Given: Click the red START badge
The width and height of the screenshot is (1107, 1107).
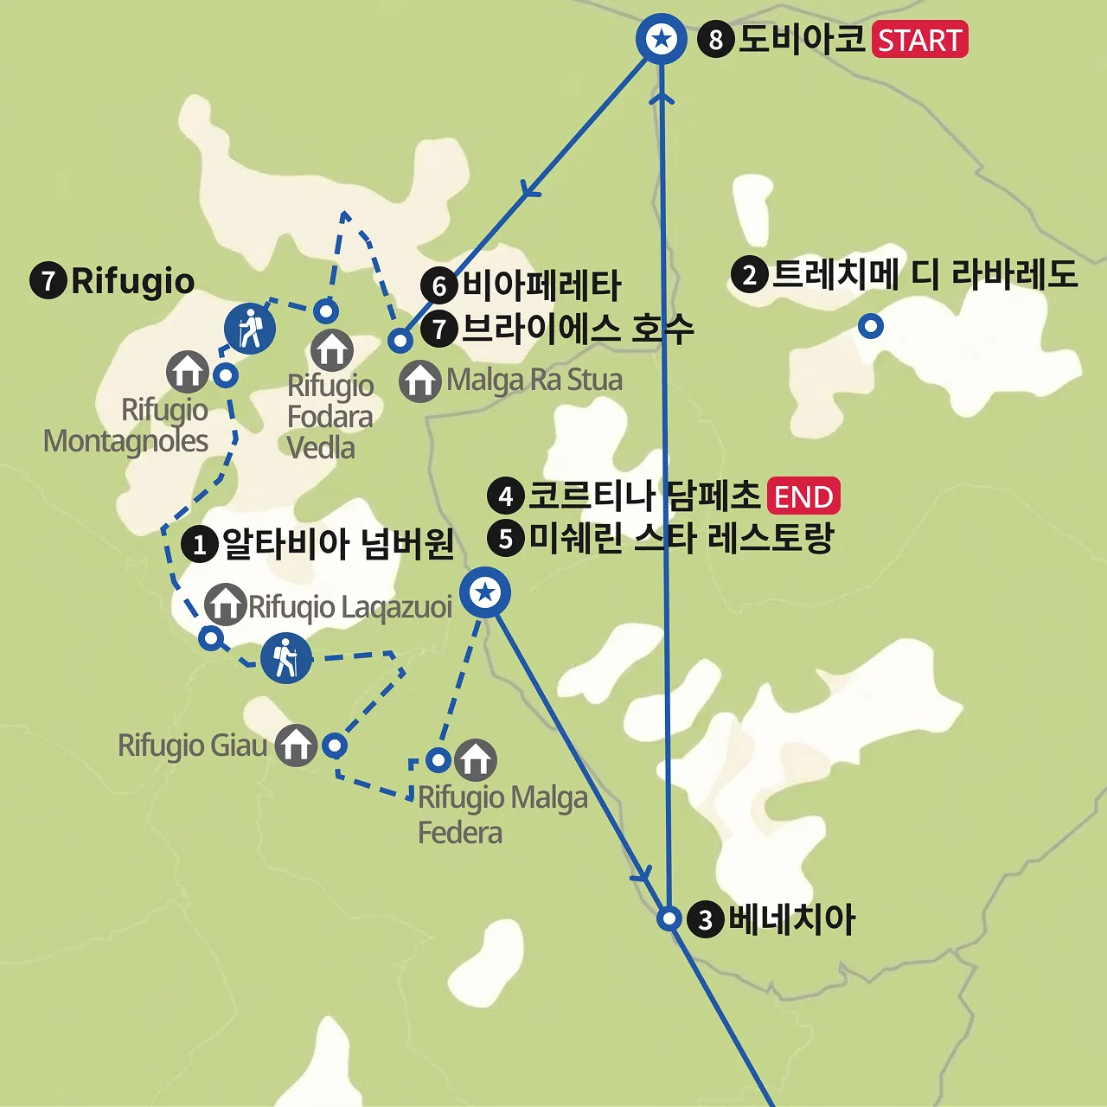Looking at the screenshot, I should click(x=919, y=40).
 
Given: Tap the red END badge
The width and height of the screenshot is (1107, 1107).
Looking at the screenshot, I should click(x=803, y=496).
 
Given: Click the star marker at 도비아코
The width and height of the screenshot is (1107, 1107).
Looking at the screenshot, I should click(x=662, y=39).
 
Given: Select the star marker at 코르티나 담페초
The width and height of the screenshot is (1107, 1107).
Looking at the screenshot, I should click(x=485, y=593).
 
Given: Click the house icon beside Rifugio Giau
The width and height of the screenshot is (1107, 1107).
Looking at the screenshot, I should click(x=296, y=745).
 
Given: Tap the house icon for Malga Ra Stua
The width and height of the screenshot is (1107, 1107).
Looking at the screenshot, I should click(x=420, y=381).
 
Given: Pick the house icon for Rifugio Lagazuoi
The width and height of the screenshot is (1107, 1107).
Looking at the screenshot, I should click(x=225, y=605).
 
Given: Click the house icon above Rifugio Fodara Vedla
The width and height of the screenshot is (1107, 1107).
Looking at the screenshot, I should click(x=332, y=349).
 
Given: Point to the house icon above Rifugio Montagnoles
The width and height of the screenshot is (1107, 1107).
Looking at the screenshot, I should click(x=188, y=372).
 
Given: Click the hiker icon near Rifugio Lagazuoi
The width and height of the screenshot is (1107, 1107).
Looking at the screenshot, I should click(x=285, y=658).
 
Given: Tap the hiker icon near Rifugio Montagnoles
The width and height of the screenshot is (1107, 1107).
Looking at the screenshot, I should click(x=250, y=329).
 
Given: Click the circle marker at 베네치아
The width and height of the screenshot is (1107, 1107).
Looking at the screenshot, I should click(x=669, y=918).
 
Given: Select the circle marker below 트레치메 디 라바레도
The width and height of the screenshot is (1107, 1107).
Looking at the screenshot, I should click(x=870, y=326).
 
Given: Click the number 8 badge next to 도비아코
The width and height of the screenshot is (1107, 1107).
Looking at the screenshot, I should click(x=715, y=40).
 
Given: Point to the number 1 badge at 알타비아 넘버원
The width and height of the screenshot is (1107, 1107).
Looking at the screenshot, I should click(x=200, y=545).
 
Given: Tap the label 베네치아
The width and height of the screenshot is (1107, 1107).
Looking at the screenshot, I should click(x=790, y=918).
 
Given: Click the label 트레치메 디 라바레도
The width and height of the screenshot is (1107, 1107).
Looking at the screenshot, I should click(x=924, y=274).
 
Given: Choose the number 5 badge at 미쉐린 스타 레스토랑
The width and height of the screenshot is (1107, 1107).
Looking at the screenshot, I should click(x=506, y=538).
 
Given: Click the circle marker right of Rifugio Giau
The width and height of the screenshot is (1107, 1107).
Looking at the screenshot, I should click(x=335, y=745).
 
